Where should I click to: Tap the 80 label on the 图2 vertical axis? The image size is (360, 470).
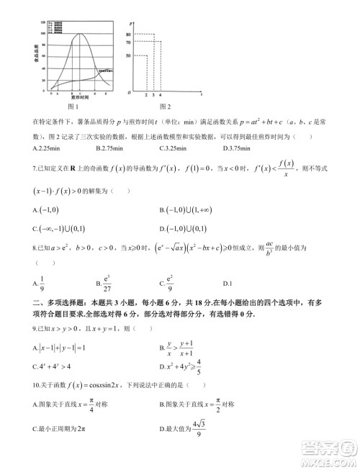point(127,34)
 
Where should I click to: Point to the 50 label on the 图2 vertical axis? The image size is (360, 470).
point(127,55)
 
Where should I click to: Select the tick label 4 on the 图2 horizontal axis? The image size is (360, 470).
point(160,95)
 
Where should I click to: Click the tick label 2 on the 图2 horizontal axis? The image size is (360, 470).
point(146,95)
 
